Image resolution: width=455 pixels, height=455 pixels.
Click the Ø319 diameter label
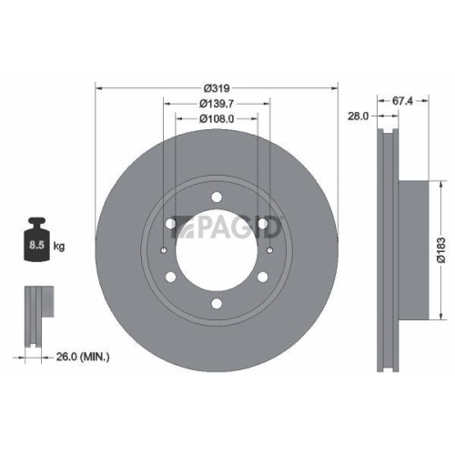(216, 88)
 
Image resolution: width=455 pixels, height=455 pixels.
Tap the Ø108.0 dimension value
(216, 118)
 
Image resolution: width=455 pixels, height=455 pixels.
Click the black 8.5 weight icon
(37, 240)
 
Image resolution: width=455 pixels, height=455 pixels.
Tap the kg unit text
(59, 246)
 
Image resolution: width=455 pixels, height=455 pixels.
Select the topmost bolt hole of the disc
(216, 198)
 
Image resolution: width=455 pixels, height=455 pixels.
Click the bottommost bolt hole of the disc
(216, 305)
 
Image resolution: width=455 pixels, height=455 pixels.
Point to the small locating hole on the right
(273, 252)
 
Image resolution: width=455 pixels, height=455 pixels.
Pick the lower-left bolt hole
(171, 278)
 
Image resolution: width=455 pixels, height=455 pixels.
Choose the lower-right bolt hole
(262, 278)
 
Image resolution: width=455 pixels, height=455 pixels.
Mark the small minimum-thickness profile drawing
(34, 314)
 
